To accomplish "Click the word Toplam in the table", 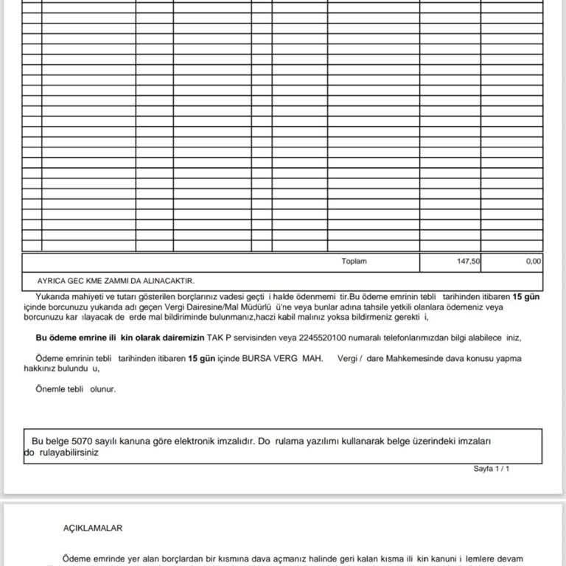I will [354, 262].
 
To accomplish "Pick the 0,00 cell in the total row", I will [534, 262].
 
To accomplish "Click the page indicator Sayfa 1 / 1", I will [492, 469].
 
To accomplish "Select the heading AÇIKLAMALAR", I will [93, 528].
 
